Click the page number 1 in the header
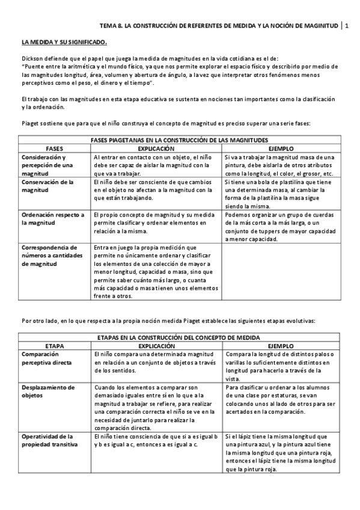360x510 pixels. (x=346, y=26)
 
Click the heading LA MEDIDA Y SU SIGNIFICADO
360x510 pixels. (x=64, y=43)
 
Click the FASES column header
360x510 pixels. (x=55, y=148)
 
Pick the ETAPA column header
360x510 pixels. (x=55, y=347)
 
